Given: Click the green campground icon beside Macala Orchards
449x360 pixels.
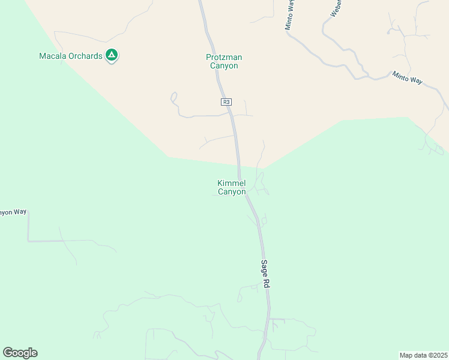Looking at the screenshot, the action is click(x=112, y=56).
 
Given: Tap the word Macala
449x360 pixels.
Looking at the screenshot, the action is click(x=53, y=56).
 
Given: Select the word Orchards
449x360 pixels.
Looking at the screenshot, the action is click(x=85, y=56).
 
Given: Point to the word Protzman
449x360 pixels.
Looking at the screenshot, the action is click(x=224, y=58).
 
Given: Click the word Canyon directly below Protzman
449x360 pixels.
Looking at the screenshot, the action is click(x=224, y=66).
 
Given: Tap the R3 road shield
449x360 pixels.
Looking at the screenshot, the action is click(x=226, y=102).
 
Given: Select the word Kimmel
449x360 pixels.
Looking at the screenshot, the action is click(x=232, y=184).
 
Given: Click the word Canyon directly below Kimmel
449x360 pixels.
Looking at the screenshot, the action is click(x=232, y=192).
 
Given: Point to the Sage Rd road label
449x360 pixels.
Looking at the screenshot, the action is click(x=265, y=274).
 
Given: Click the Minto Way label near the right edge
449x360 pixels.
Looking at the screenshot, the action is click(x=408, y=77).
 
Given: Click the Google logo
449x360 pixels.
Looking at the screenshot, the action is click(x=20, y=353).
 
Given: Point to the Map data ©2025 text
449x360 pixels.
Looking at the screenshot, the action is click(x=423, y=355).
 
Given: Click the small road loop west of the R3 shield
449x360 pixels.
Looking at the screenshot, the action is click(x=174, y=97).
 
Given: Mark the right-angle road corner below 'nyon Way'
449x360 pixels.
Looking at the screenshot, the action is click(x=28, y=241).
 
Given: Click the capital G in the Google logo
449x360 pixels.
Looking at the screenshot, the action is click(x=8, y=352).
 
